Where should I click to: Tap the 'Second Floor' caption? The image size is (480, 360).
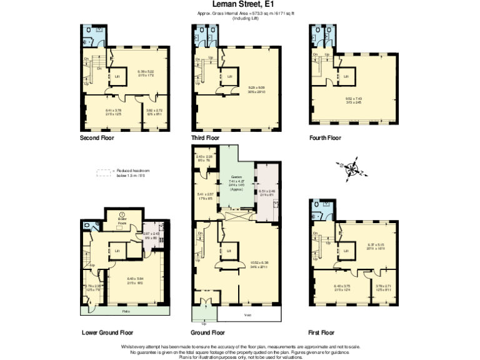[x=97, y=137]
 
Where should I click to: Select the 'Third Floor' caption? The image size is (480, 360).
[x=206, y=137]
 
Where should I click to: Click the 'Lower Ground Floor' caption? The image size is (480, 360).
[x=107, y=332]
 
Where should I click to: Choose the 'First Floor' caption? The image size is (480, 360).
[x=322, y=332]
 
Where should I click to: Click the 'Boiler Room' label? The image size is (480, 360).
[x=122, y=218]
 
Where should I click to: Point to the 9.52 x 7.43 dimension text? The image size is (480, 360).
[x=354, y=99]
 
